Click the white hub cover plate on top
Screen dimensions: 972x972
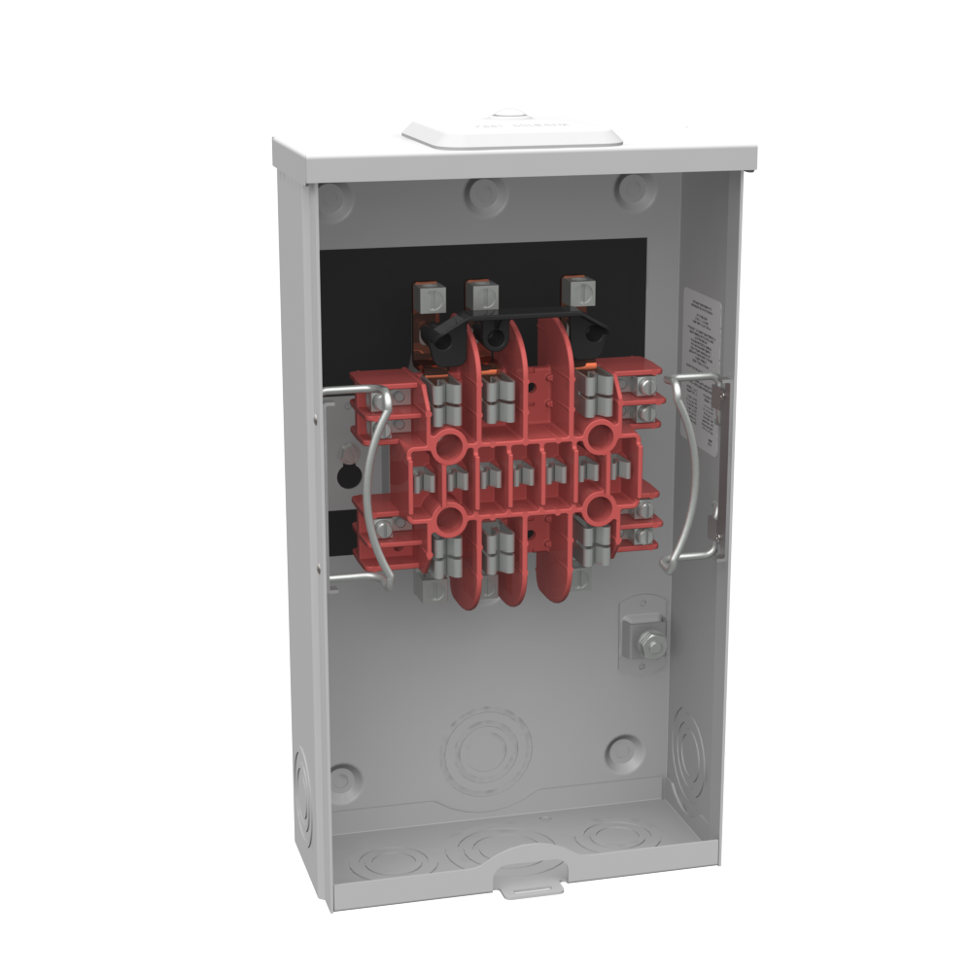[512, 134]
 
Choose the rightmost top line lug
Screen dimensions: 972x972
[578, 291]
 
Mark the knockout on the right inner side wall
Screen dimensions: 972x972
[691, 753]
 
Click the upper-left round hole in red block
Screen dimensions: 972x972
[450, 448]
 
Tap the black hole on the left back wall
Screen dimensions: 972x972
[344, 474]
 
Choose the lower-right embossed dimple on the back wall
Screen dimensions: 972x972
[622, 750]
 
